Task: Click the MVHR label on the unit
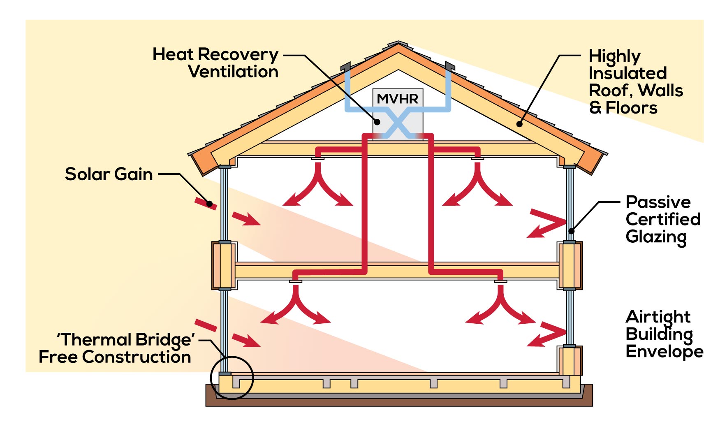[397, 99]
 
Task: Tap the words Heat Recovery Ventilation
[215, 63]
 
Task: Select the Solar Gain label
[109, 174]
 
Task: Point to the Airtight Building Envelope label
[664, 334]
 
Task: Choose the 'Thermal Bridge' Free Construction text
[115, 348]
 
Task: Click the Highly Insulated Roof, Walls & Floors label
[636, 82]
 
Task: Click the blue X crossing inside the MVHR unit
[398, 123]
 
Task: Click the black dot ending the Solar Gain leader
[209, 204]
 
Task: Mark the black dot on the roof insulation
[519, 124]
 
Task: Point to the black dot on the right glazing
[571, 231]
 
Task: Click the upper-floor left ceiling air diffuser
[318, 158]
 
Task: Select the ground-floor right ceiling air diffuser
[500, 281]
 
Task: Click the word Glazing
[656, 238]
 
